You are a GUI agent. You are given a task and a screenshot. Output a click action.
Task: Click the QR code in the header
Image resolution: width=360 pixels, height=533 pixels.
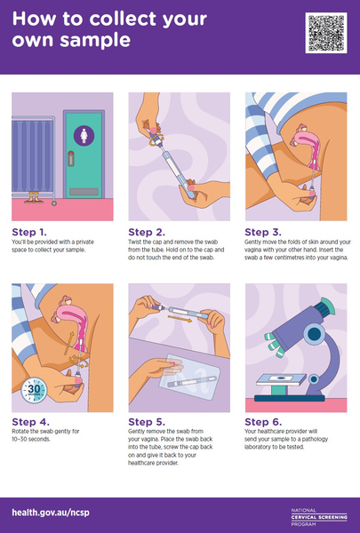[324, 33]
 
